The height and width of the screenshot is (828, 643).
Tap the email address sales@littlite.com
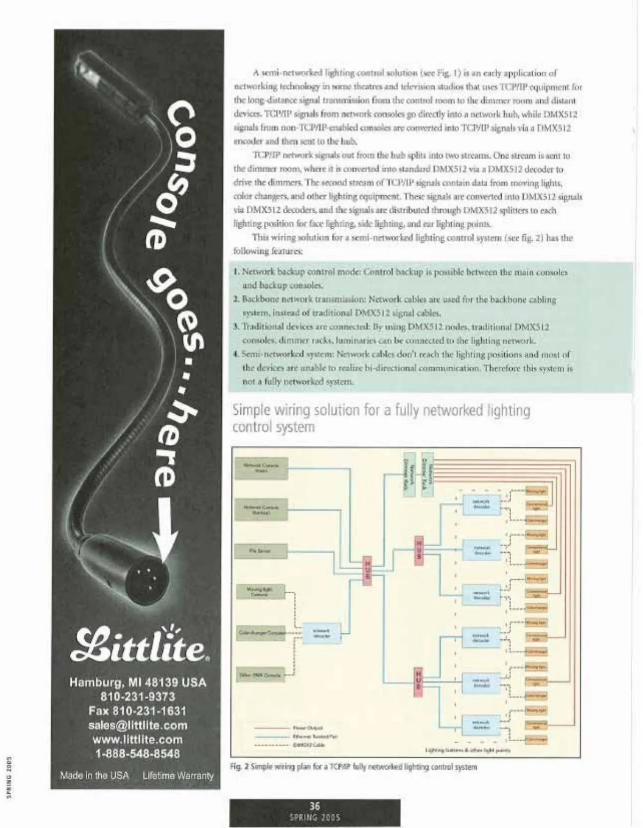click(138, 725)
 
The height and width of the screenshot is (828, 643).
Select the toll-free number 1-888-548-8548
click(138, 754)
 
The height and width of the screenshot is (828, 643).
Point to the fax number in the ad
click(138, 711)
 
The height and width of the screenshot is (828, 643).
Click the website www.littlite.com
click(138, 740)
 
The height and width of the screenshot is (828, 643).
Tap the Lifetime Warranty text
click(178, 775)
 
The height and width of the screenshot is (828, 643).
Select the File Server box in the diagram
click(260, 550)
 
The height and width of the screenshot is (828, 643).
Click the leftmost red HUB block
click(368, 571)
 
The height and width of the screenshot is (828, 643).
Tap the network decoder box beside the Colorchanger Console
click(321, 633)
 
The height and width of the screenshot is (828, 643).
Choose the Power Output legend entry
click(307, 728)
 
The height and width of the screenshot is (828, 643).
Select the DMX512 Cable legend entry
click(307, 745)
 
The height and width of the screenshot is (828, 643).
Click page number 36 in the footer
click(315, 806)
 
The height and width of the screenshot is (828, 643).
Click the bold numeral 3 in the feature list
click(235, 326)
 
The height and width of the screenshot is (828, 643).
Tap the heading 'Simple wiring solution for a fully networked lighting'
click(381, 411)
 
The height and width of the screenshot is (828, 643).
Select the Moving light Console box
click(260, 592)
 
